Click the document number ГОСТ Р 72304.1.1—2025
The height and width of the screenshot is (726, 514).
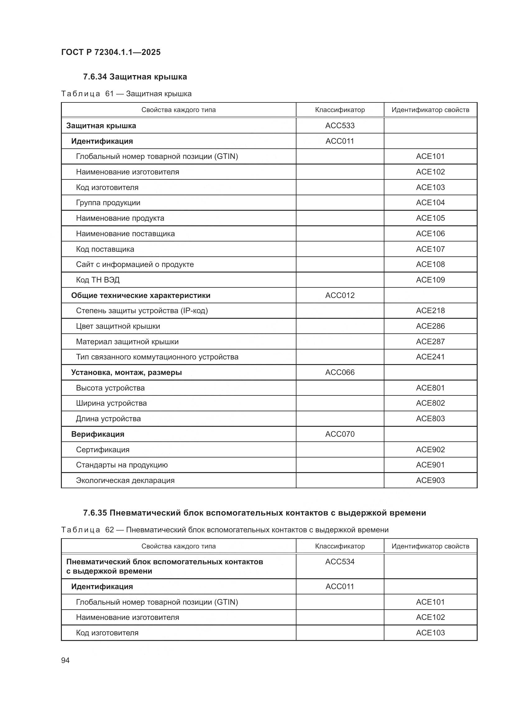pyautogui.click(x=111, y=52)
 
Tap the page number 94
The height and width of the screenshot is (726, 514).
pyautogui.click(x=65, y=660)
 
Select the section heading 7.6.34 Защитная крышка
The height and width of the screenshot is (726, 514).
pyautogui.click(x=135, y=77)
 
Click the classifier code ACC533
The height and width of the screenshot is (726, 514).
pyautogui.click(x=340, y=125)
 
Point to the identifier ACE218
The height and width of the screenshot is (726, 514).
pyautogui.click(x=430, y=310)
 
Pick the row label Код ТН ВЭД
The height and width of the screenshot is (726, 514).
pyautogui.click(x=98, y=280)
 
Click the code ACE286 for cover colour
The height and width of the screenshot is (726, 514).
pyautogui.click(x=430, y=326)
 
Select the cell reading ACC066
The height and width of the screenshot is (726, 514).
pyautogui.click(x=340, y=372)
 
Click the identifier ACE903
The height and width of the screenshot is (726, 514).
pyautogui.click(x=430, y=480)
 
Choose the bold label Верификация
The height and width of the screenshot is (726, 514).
pyautogui.click(x=98, y=434)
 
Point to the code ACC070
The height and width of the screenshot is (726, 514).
pyautogui.click(x=340, y=434)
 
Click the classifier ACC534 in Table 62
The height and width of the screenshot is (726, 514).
pyautogui.click(x=340, y=561)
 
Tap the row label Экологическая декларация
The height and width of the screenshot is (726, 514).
pyautogui.click(x=125, y=480)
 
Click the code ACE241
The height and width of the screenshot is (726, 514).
pyautogui.click(x=430, y=357)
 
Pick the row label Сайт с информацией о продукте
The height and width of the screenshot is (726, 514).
pyautogui.click(x=135, y=264)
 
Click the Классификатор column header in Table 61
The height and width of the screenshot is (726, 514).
pyautogui.click(x=340, y=110)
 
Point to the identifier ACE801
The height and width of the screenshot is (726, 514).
pyautogui.click(x=430, y=388)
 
